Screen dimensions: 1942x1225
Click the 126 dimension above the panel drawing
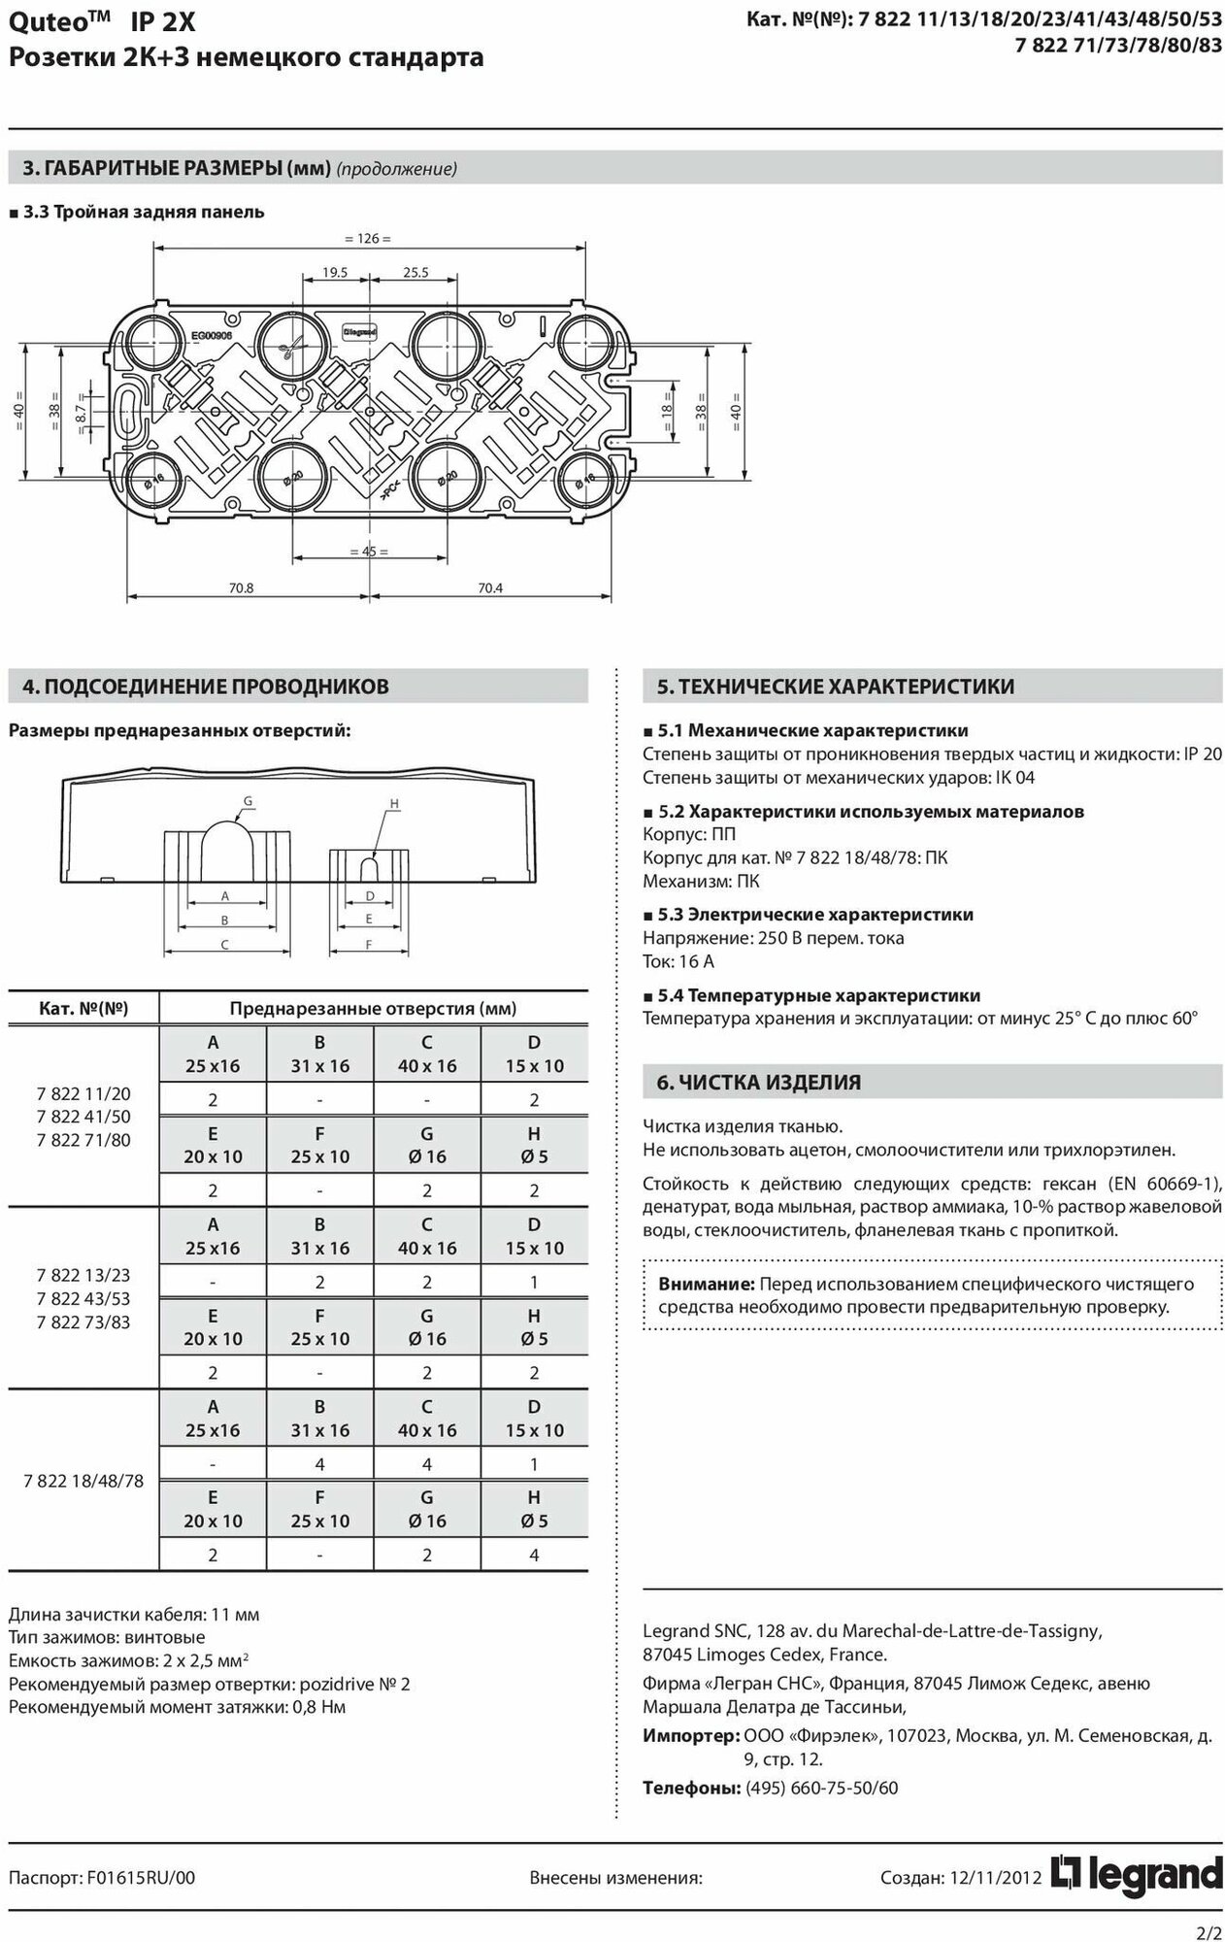tap(368, 238)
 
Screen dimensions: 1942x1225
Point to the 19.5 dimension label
tap(335, 273)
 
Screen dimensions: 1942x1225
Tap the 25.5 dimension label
tap(415, 273)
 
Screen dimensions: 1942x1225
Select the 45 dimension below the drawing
tap(368, 551)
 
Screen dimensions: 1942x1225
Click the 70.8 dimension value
tap(241, 587)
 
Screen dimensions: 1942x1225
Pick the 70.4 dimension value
tap(490, 587)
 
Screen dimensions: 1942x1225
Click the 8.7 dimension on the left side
tap(82, 409)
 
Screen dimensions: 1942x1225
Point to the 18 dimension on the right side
tap(668, 408)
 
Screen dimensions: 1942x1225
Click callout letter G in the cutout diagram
tap(248, 800)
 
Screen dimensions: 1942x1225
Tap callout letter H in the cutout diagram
tap(394, 804)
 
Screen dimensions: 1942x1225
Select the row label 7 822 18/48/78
tap(83, 1480)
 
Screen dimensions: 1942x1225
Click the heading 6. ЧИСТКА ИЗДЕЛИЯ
tap(759, 1082)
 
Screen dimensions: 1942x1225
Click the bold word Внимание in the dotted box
tap(707, 1284)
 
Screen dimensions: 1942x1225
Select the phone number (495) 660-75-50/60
tap(821, 1788)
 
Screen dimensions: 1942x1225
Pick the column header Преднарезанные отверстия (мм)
tap(373, 1008)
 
